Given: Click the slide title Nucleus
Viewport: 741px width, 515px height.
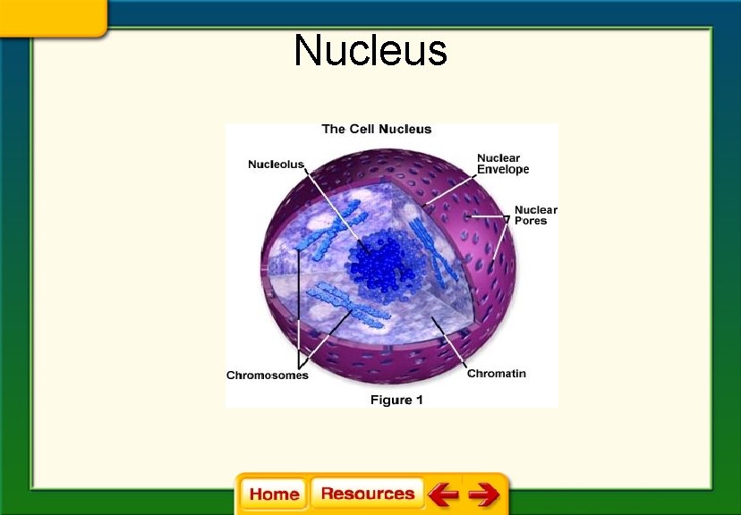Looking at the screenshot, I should point(370,51).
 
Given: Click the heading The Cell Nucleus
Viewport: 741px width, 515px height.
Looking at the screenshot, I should point(376,129).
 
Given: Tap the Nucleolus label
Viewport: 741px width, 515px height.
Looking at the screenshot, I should point(276,165).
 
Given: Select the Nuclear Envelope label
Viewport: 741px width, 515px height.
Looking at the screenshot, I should point(502,164).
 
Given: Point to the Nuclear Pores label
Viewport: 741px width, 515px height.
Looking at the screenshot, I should point(535,215).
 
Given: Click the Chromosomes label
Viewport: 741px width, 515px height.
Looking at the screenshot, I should point(267,376).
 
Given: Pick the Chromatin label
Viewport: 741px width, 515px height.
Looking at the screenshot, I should point(496,373).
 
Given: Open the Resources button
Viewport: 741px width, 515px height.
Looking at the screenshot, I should point(367,494).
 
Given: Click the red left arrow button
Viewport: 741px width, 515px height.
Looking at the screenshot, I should point(443,494).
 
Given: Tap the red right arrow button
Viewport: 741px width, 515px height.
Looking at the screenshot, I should point(484,494).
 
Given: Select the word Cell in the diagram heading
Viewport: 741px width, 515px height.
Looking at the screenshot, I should point(362,129).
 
